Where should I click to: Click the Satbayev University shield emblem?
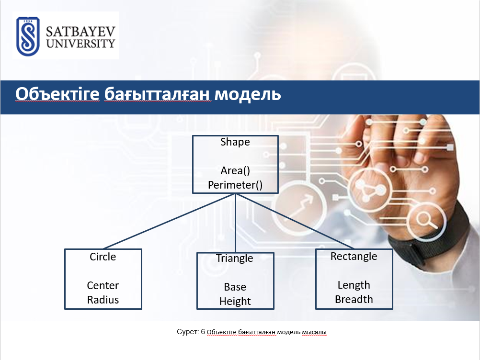[x=28, y=36]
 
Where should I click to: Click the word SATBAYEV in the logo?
[x=80, y=31]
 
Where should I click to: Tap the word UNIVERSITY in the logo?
[x=80, y=44]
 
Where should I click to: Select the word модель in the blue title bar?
[x=247, y=94]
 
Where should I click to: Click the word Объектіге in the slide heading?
[x=57, y=94]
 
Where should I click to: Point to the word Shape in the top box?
[x=235, y=142]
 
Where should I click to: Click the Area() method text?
[x=235, y=171]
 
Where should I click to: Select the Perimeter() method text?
[x=235, y=185]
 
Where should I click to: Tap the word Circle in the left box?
[x=103, y=257]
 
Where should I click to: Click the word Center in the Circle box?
[x=103, y=285]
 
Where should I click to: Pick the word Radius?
[x=103, y=300]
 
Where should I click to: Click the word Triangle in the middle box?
[x=235, y=259]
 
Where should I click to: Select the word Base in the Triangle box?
[x=235, y=287]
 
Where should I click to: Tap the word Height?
[x=235, y=301]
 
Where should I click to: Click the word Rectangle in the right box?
[x=354, y=256]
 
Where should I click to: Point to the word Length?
[x=354, y=285]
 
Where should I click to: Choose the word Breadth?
[x=354, y=299]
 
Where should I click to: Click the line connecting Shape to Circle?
[x=169, y=221]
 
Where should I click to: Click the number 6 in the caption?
[x=203, y=332]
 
